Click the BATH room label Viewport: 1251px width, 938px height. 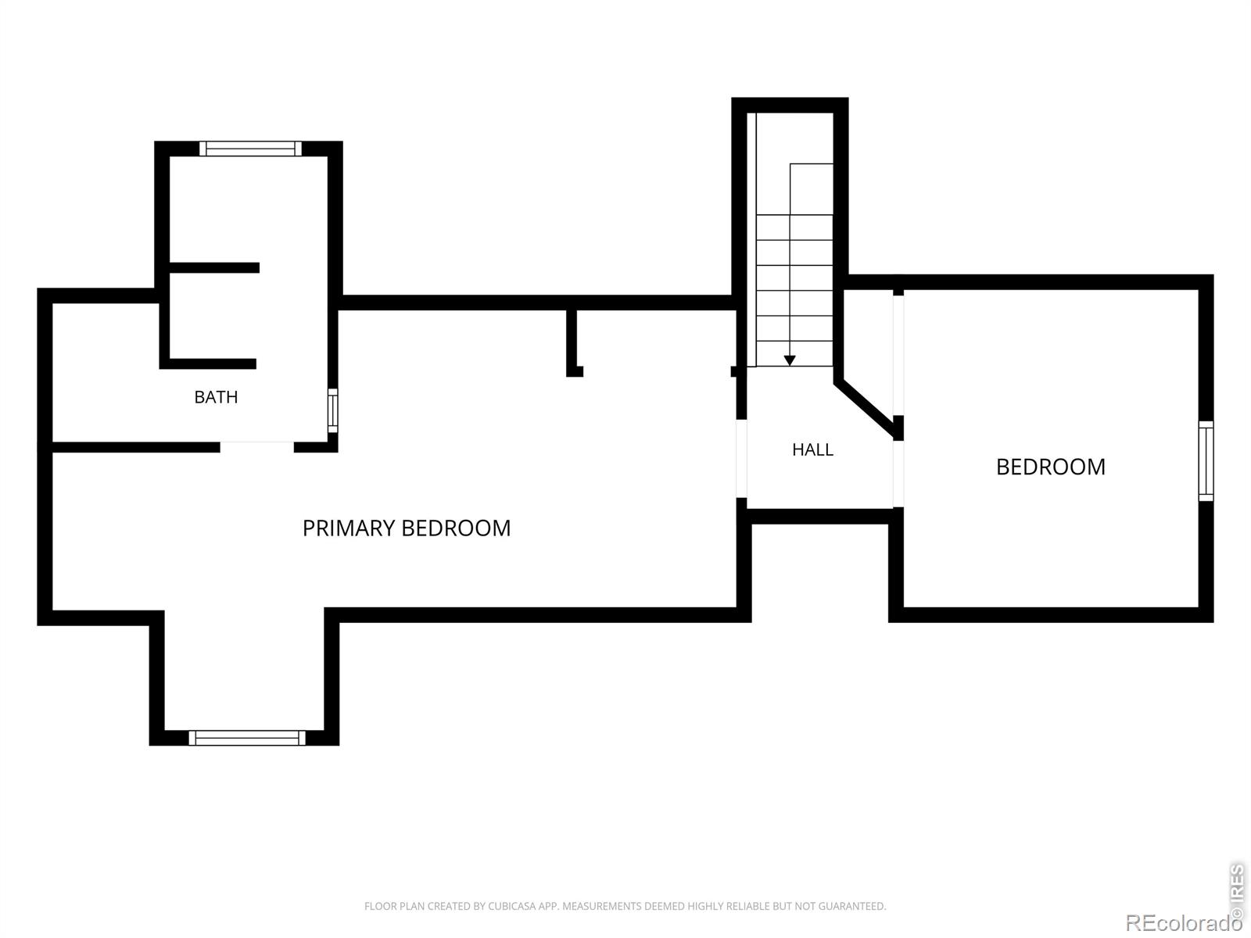[x=216, y=397]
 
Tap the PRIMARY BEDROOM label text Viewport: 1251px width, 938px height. [x=407, y=528]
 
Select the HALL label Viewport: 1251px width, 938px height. [x=812, y=450]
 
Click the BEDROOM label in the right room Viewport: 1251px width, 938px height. [x=1050, y=467]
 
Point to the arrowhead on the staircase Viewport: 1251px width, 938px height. [x=790, y=360]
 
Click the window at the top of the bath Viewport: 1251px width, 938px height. [x=250, y=149]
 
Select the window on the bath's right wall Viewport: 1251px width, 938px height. [x=333, y=410]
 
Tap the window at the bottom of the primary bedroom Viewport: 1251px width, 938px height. [x=247, y=738]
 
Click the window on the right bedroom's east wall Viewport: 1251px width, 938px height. [x=1206, y=461]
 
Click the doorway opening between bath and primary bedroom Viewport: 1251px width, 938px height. [x=257, y=446]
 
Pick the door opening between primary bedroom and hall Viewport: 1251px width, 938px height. [x=741, y=459]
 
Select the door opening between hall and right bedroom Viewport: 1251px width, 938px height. [x=898, y=474]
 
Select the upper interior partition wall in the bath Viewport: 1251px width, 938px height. [x=214, y=267]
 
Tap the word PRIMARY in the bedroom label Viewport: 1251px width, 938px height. [x=349, y=528]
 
